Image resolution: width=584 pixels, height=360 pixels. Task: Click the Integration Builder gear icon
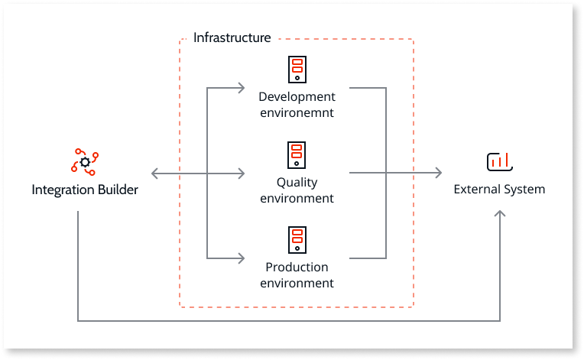(x=85, y=162)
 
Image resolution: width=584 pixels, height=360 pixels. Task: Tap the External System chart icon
(x=499, y=161)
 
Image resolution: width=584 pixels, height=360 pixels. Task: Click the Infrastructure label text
(x=232, y=37)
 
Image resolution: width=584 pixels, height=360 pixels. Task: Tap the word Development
(x=297, y=97)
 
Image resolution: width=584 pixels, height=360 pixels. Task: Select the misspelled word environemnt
(x=297, y=112)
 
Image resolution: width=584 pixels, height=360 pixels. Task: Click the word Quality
(x=297, y=183)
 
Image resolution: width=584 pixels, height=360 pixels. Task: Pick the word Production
(x=297, y=268)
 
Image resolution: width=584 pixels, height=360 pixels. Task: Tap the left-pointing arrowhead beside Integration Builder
(x=156, y=174)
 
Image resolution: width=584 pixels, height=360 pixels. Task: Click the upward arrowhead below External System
(x=500, y=216)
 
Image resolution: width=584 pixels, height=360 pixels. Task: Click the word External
(x=476, y=190)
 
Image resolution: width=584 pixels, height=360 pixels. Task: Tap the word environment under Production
(x=297, y=283)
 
